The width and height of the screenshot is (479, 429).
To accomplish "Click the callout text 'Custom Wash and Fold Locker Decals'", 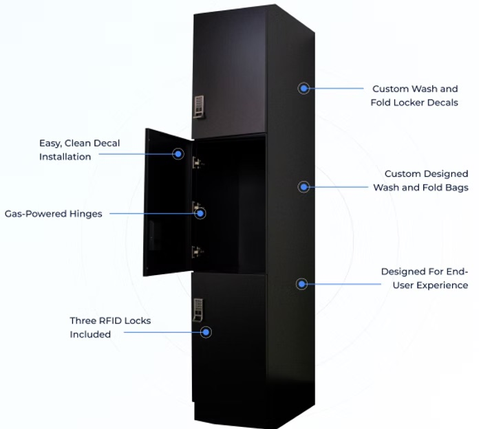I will pos(415,96).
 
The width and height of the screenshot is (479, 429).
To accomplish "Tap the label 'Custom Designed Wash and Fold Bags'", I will pos(421,181).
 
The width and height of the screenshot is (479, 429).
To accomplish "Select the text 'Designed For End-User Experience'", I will pos(425,278).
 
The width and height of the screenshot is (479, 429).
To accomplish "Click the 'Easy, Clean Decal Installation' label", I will pos(79,150).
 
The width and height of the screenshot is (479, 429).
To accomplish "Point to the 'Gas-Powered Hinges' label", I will pos(54,214).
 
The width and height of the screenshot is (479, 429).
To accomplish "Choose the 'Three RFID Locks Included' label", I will pos(110,327).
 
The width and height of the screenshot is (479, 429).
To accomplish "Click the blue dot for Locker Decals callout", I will pos(304,88).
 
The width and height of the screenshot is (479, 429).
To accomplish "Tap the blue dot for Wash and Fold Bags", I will pos(303,186).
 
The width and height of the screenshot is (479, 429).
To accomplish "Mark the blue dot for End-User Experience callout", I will pos(301,283).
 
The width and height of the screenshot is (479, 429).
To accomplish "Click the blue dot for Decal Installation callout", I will pos(178,154).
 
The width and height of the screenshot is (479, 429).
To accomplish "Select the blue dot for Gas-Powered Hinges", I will pos(200,213).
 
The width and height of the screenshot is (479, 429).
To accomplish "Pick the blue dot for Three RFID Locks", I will pos(205,332).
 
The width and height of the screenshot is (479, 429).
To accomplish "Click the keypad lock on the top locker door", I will pos(200,105).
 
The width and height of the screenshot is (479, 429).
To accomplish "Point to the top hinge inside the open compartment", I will pos(198,162).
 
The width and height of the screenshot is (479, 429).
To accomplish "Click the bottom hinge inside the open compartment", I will pos(198,252).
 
